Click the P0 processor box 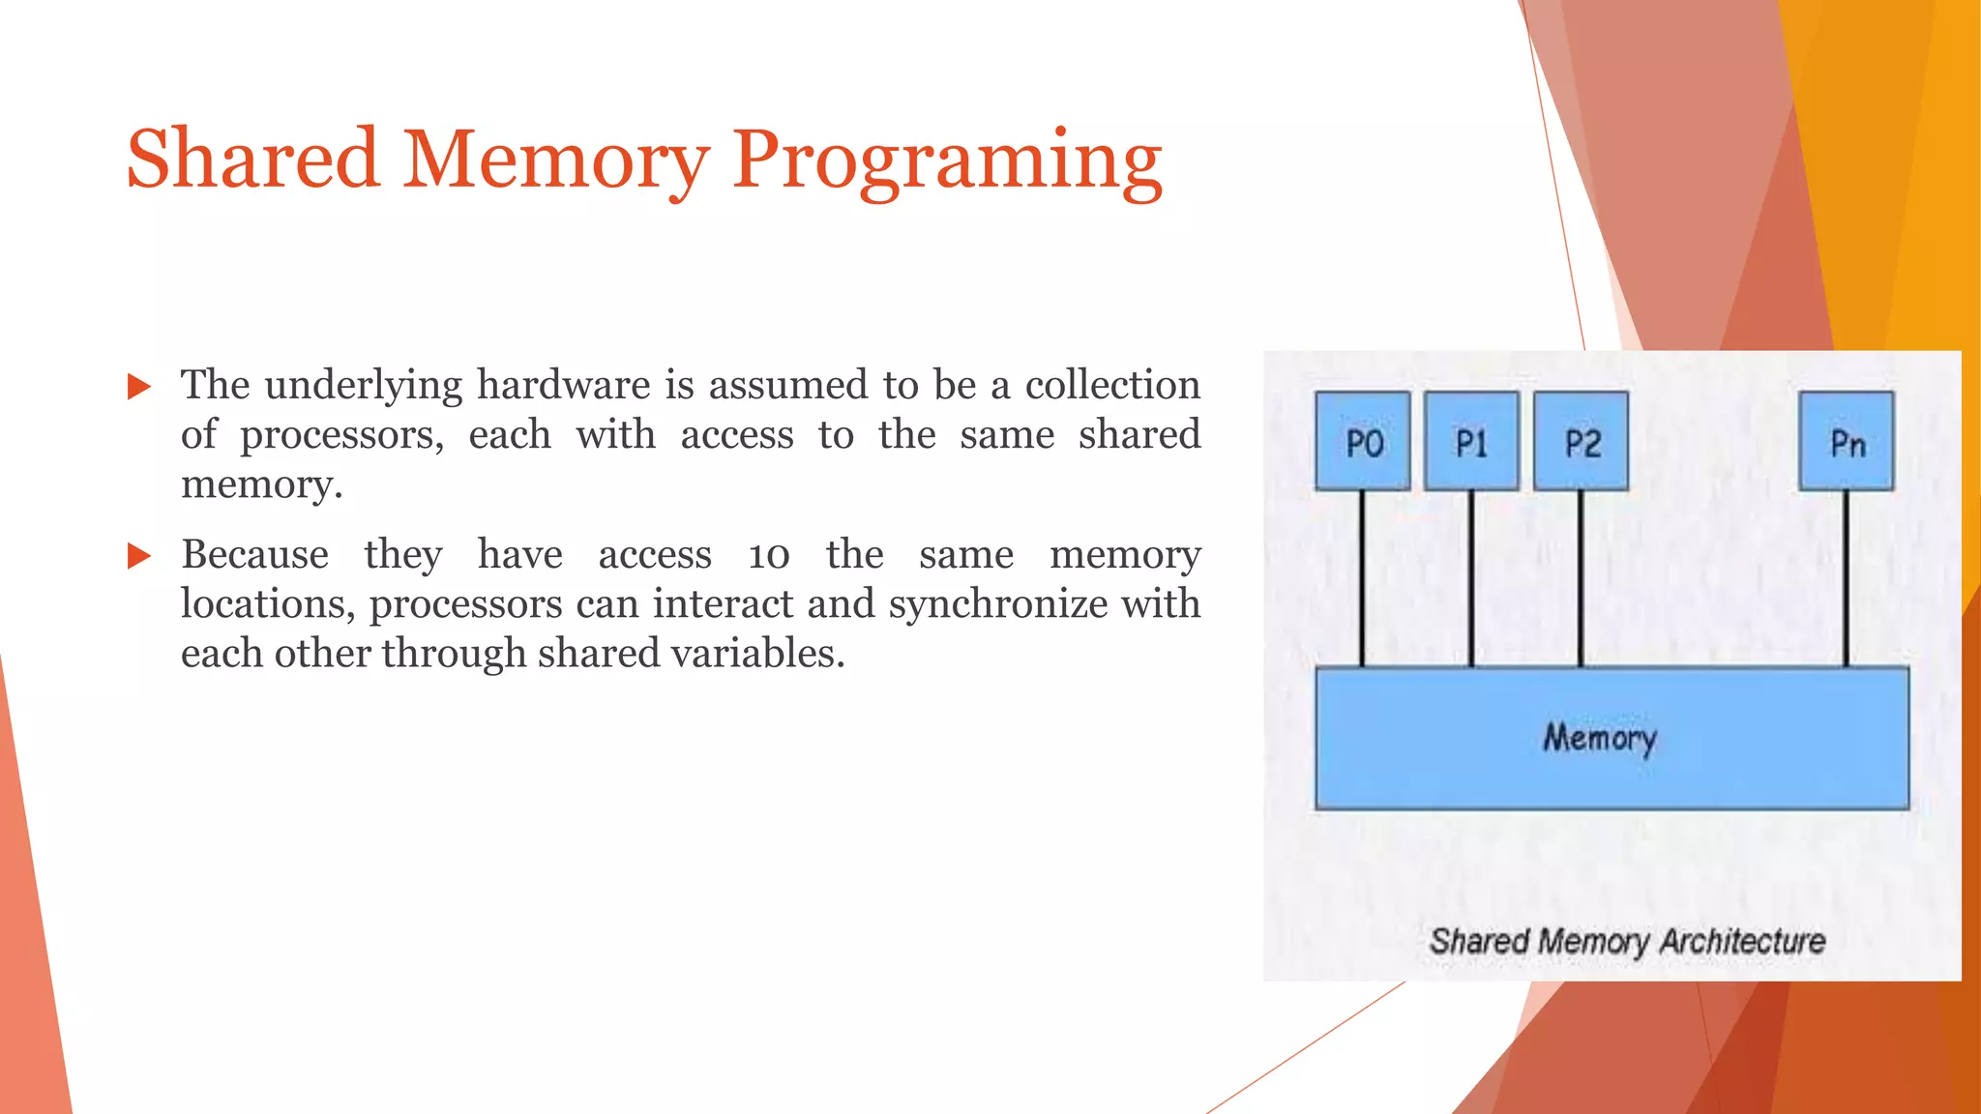coord(1362,441)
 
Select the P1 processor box coord(1471,441)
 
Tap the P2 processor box coord(1581,441)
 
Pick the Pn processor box coord(1846,441)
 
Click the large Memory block coord(1611,738)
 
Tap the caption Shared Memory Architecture coord(1627,941)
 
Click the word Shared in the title coord(252,159)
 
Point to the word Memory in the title coord(555,161)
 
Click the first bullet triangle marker coord(139,388)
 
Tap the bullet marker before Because coord(139,556)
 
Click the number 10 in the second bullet coord(769,555)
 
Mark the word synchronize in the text coord(998,604)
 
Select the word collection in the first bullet coord(1112,385)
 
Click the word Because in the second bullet coord(255,555)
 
